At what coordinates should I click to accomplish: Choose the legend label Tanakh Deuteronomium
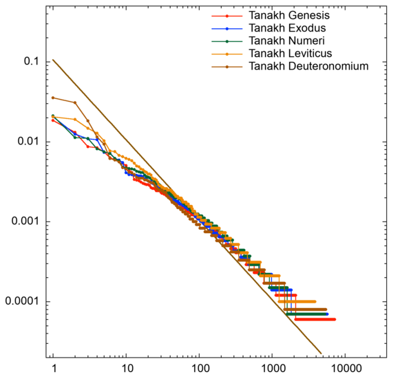pos(309,66)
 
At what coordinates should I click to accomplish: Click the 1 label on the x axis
pos(53,370)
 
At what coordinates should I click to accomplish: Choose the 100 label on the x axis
pos(199,370)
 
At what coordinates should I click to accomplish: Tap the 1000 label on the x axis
pos(272,370)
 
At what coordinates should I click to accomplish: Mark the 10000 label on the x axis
pos(345,370)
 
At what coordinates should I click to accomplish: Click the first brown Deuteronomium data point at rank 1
pos(53,98)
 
